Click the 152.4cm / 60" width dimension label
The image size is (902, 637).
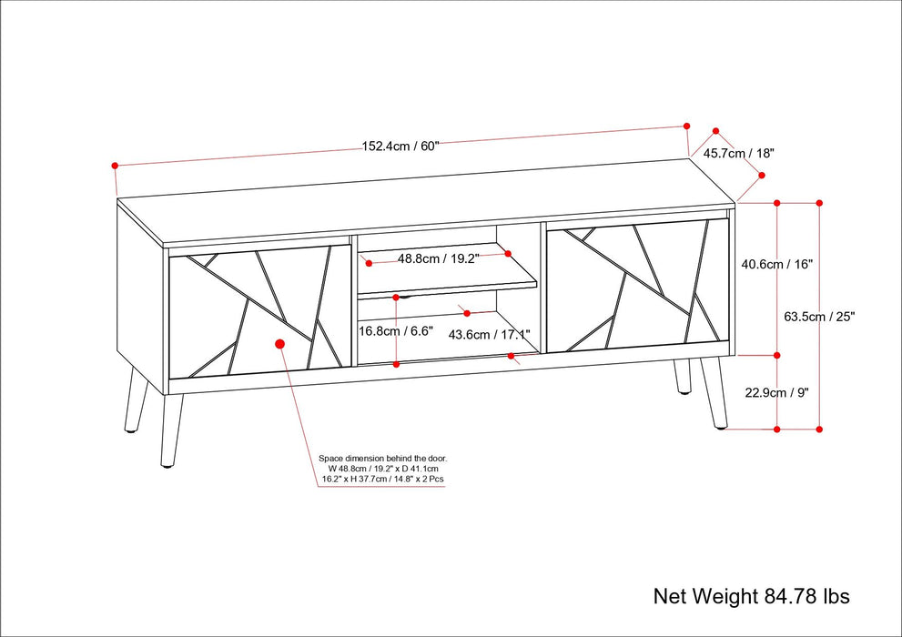click(400, 146)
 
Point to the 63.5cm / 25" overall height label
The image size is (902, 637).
click(819, 317)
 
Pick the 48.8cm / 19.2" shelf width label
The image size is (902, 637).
click(437, 258)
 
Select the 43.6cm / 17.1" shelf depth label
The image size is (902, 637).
click(489, 334)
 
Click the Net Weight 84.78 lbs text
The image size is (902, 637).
click(751, 596)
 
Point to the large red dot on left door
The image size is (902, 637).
click(279, 344)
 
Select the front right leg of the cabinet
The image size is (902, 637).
click(715, 393)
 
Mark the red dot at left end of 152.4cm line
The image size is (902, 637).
click(116, 166)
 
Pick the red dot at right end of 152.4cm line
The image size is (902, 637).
click(688, 126)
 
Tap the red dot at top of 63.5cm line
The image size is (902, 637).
click(819, 203)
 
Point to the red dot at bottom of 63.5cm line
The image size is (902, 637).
click(819, 428)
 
